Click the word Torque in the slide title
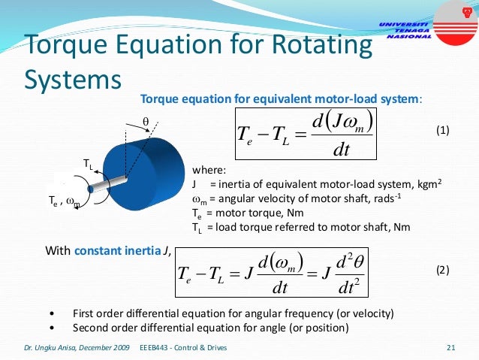[x=61, y=47]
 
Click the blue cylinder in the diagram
[x=147, y=170]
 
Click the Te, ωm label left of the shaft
[x=65, y=201]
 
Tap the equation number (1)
[x=442, y=131]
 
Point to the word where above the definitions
[x=208, y=169]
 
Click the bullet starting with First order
[x=233, y=313]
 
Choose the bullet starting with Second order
[x=210, y=328]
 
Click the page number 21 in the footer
[x=451, y=347]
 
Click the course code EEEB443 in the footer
[x=155, y=348]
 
